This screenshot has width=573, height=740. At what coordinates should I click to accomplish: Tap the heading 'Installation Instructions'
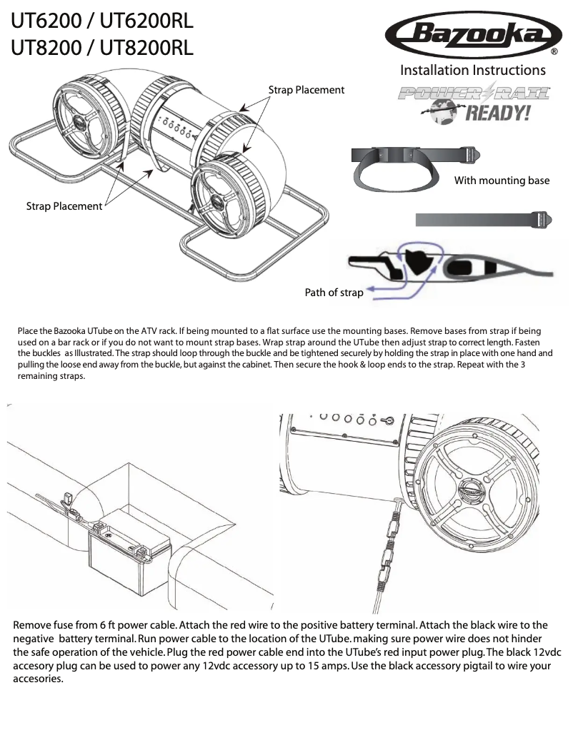[x=472, y=70]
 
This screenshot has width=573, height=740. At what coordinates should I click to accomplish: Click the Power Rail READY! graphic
[x=474, y=103]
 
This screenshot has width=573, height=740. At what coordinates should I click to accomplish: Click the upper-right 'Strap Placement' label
[x=306, y=90]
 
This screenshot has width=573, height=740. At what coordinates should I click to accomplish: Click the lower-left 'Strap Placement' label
[x=64, y=206]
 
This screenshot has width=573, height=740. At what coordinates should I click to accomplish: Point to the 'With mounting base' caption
[x=502, y=181]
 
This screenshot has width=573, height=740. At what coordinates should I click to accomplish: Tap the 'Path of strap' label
[x=334, y=292]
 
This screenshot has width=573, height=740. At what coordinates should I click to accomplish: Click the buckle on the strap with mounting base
[x=471, y=153]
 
